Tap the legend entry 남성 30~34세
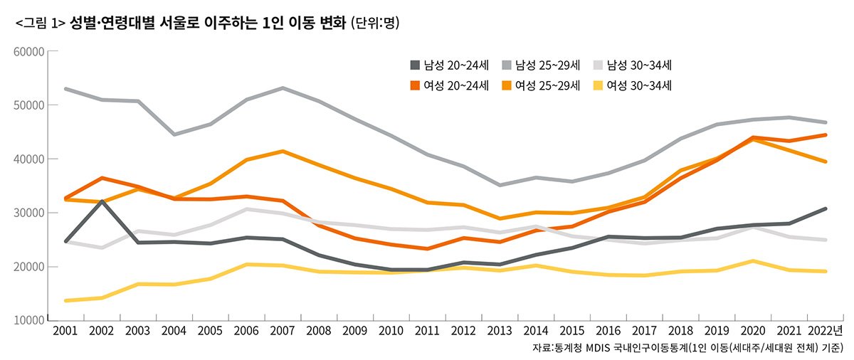coord(632,65)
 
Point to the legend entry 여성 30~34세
coord(632,85)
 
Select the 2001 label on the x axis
coord(65,332)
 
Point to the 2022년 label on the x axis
coord(825,332)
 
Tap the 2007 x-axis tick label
coord(283,332)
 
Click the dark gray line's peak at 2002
coord(102,201)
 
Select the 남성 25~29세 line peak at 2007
coord(283,88)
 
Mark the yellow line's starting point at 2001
coord(65,300)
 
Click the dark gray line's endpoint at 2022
coord(825,208)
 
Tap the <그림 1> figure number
coord(40,23)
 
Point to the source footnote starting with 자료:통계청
coord(687,349)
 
